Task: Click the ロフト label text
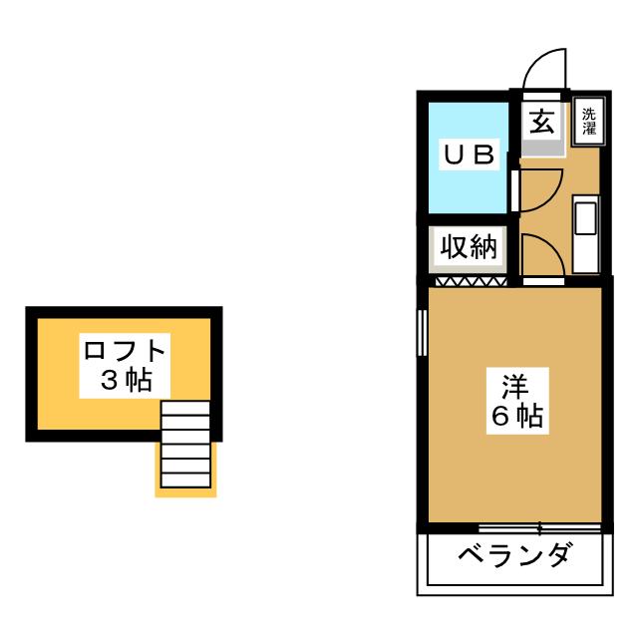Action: [125, 350]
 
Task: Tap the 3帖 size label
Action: [127, 381]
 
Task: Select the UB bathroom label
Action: [469, 155]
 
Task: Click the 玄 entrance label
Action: [541, 122]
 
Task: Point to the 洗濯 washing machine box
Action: [589, 122]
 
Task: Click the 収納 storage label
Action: [469, 247]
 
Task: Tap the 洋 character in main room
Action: [515, 387]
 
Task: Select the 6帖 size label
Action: [517, 416]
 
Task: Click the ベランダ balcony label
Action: [513, 554]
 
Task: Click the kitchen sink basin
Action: [586, 219]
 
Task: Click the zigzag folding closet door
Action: [472, 281]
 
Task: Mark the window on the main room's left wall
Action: [422, 333]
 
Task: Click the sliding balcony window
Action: [539, 528]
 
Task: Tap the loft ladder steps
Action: [185, 445]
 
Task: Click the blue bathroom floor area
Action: [469, 158]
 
